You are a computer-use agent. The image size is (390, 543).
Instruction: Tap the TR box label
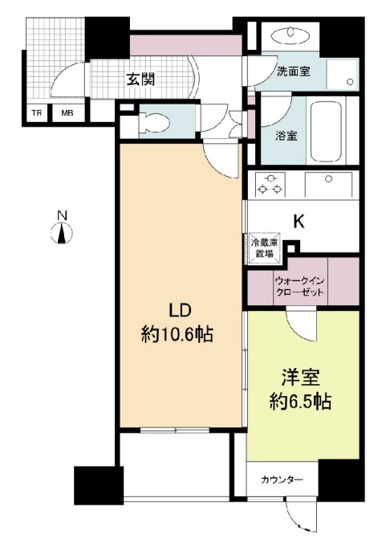coord(37,113)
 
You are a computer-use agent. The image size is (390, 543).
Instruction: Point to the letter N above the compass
coord(61,215)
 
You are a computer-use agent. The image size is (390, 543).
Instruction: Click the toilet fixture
coord(152,123)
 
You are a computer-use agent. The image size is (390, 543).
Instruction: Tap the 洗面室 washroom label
coord(294,71)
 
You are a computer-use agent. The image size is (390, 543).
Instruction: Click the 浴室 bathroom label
coord(286,135)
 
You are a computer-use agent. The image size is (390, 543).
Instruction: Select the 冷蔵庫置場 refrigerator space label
coord(263,247)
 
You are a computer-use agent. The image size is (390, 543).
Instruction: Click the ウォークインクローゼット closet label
coord(300,288)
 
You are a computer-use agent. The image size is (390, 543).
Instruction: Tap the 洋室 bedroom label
coord(300,378)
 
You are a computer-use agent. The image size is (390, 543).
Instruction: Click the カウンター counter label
coord(282,480)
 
